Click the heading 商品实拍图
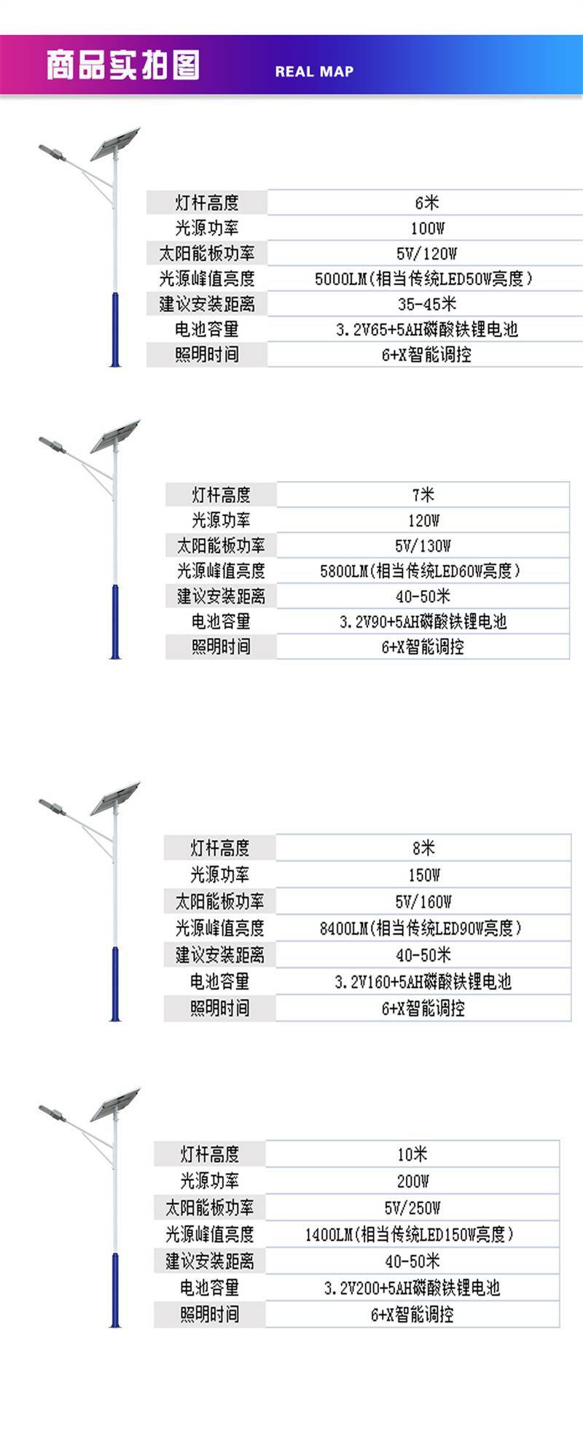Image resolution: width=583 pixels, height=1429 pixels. coord(122,65)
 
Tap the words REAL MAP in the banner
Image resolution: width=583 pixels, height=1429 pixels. coord(314,71)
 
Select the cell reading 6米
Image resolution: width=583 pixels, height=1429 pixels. coord(426,203)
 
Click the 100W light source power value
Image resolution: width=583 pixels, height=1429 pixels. coord(427,228)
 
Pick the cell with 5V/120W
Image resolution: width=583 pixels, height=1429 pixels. coord(426,254)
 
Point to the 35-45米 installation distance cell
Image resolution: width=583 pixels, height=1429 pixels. coord(426,304)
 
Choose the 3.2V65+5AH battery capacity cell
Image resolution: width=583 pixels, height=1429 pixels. coord(426,330)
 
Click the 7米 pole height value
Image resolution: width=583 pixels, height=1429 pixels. coord(423,495)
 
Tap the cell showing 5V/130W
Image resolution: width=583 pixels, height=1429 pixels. coord(423,545)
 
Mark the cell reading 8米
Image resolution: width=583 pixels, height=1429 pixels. coord(423,848)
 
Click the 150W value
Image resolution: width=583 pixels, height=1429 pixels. coord(423,875)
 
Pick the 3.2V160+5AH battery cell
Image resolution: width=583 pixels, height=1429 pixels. coord(423,981)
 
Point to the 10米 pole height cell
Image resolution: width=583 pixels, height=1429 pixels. coord(412,1154)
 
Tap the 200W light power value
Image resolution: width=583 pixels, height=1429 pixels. coord(412,1181)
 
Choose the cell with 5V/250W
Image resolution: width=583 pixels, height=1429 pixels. coord(412,1207)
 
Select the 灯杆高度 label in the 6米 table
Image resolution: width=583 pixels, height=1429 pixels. coord(207,203)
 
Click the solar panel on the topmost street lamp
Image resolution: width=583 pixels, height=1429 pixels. coord(114,144)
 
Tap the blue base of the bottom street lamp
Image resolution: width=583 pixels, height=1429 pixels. coord(115,1290)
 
